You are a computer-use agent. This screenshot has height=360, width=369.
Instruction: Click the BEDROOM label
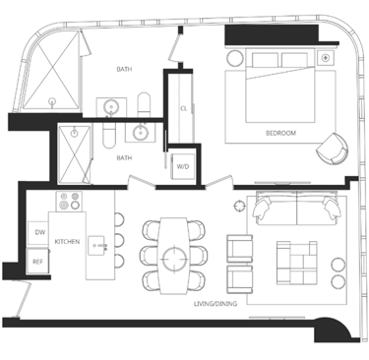(280, 133)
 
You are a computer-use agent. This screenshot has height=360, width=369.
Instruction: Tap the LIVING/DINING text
(215, 304)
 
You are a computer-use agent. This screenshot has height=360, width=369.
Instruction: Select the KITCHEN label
(67, 241)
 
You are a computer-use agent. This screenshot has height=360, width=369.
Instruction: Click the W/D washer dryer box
(183, 166)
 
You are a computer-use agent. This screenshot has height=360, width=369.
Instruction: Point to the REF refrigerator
(38, 262)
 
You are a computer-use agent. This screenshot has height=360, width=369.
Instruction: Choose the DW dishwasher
(39, 232)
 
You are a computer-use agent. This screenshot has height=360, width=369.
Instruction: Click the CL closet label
(183, 108)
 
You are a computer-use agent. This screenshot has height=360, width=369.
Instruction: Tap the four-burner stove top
(69, 202)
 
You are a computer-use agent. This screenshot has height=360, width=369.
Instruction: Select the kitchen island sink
(96, 246)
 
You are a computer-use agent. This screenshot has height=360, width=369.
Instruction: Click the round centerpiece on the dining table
(173, 259)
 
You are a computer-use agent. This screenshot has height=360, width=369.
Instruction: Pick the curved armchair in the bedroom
(332, 149)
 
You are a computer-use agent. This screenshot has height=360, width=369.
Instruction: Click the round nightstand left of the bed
(235, 58)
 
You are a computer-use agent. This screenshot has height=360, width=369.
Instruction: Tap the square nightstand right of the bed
(325, 58)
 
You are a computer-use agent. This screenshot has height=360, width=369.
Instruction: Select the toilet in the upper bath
(144, 104)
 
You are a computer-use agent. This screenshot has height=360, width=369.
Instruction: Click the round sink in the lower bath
(141, 133)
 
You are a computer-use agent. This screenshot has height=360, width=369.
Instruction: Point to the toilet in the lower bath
(109, 135)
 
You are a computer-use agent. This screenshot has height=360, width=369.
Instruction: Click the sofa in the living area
(296, 208)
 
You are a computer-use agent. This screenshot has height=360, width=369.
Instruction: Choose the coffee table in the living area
(297, 263)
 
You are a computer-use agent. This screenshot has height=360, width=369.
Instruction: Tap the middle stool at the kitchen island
(119, 240)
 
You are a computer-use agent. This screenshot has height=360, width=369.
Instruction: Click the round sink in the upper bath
(111, 107)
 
